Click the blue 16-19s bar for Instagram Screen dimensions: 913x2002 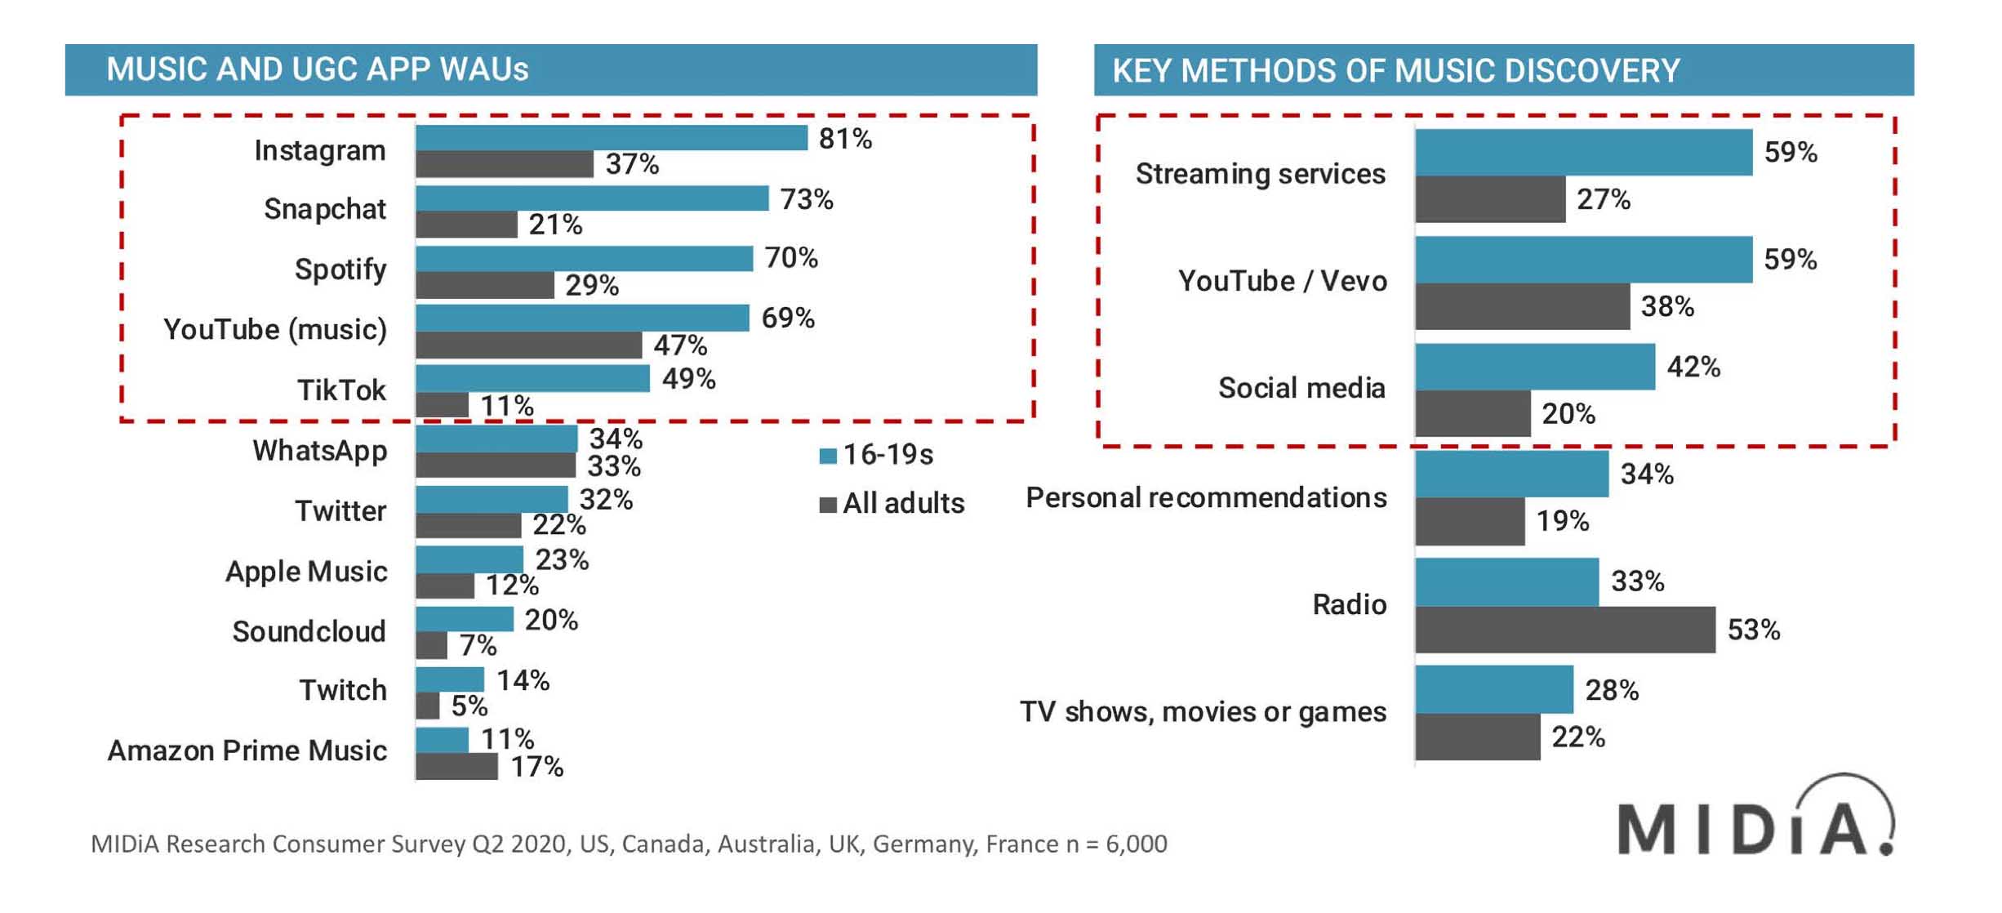[x=611, y=138]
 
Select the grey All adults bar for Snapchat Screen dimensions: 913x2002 [x=466, y=225]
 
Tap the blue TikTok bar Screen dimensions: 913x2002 [x=532, y=379]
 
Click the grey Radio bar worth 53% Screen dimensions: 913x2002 [x=1564, y=630]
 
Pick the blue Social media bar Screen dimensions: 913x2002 [x=1535, y=367]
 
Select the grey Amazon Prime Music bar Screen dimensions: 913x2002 [x=456, y=767]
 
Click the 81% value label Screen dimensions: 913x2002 [x=845, y=140]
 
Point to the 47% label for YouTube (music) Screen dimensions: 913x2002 [x=679, y=345]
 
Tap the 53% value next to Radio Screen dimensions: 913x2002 [x=1753, y=630]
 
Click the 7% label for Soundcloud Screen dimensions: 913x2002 [x=478, y=646]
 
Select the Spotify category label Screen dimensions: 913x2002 [x=340, y=269]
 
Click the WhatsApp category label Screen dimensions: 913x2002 [x=319, y=451]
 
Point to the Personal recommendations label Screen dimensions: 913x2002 [x=1206, y=497]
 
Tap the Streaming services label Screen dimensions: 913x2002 [x=1260, y=174]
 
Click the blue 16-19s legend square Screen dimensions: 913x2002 [x=828, y=456]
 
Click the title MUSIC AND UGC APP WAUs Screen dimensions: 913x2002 [x=318, y=70]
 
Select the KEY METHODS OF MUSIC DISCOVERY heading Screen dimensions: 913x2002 [x=1395, y=71]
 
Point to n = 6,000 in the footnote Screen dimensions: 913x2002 [x=1116, y=844]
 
